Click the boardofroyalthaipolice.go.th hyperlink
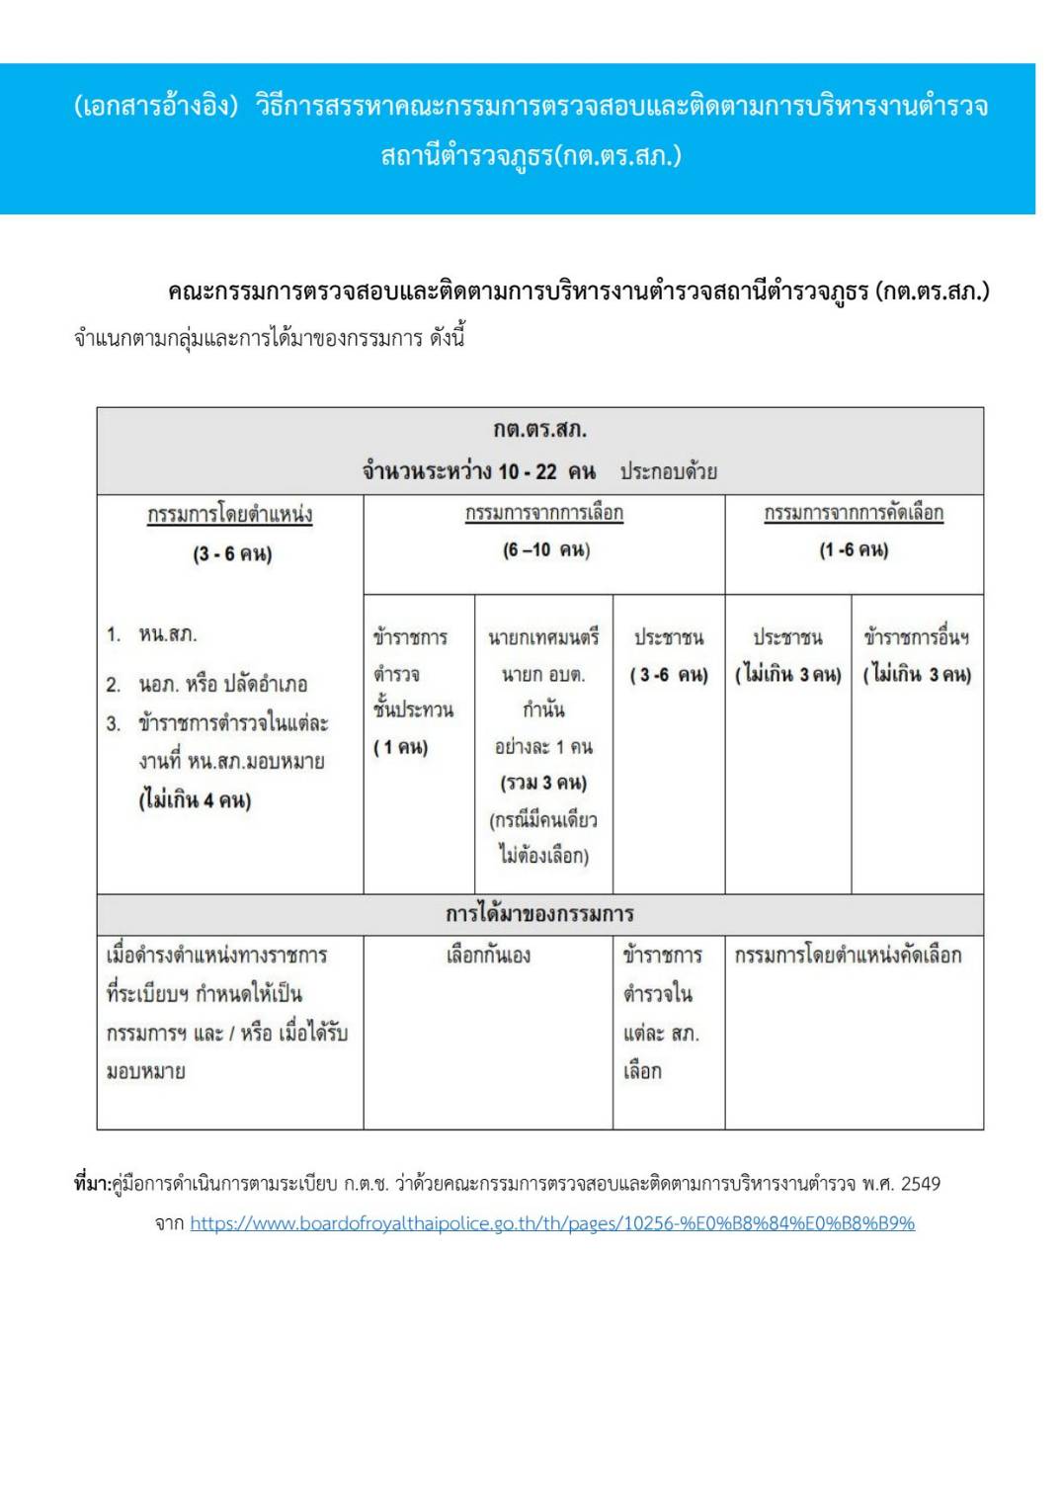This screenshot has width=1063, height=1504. tap(552, 1223)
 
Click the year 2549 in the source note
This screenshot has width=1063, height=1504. tap(920, 1184)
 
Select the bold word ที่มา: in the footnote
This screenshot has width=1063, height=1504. tap(93, 1184)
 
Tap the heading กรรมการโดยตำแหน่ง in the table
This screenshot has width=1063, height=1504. tap(230, 514)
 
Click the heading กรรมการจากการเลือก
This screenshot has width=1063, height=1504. tap(544, 513)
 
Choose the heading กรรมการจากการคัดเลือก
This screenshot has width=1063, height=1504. tap(854, 513)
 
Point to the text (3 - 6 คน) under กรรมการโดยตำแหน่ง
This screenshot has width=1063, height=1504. tap(232, 553)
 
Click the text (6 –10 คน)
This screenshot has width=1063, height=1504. tap(545, 549)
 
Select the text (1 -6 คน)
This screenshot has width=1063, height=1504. tap(854, 549)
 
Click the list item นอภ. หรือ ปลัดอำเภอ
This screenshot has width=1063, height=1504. tap(222, 684)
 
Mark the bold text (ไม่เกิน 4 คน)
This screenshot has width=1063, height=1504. tap(195, 799)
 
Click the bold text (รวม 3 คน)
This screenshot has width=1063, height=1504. tap(543, 783)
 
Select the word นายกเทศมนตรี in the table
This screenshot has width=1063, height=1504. tap(543, 637)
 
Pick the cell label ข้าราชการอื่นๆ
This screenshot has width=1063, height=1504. tap(916, 637)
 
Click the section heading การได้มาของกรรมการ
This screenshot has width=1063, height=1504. tap(539, 914)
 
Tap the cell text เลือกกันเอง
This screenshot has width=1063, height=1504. tap(488, 955)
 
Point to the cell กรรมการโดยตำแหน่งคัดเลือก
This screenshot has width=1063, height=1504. tap(848, 955)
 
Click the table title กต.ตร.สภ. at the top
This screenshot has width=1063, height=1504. tap(539, 430)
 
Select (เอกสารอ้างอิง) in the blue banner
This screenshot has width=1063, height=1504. tap(156, 106)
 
